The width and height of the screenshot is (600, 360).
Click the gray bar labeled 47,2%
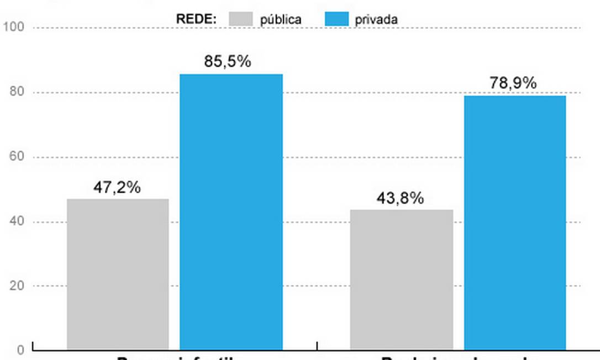[118, 274]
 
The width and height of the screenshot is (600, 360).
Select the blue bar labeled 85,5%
[231, 212]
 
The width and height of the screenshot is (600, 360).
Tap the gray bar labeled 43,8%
[401, 279]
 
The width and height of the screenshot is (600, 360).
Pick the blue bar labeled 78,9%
[515, 223]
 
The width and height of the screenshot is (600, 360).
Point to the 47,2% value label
[117, 187]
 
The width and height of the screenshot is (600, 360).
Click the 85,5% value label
[228, 61]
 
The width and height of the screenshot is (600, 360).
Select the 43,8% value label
[400, 198]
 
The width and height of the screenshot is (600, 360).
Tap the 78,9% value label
[513, 83]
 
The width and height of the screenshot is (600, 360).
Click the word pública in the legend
[281, 19]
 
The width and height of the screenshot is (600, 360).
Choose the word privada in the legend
[376, 19]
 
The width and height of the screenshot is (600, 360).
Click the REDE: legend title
[196, 19]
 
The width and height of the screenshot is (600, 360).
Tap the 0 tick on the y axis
[19, 350]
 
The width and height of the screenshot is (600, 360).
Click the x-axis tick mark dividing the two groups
[317, 346]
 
